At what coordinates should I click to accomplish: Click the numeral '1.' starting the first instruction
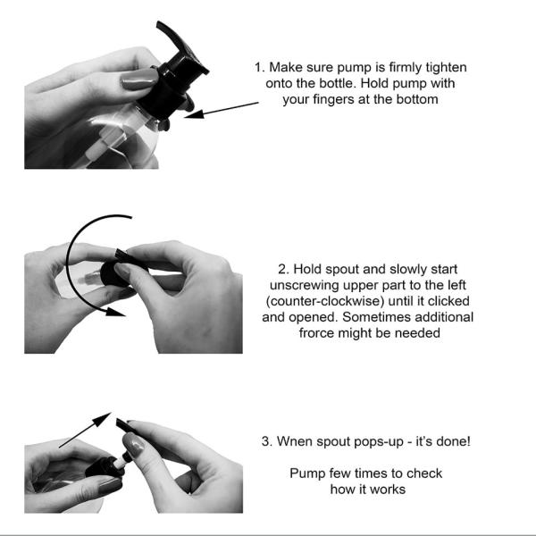pos(259,67)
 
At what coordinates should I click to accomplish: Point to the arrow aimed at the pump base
pos(222,110)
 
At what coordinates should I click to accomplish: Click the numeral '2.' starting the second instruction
pos(284,270)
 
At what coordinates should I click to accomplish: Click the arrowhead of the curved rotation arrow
pos(115,312)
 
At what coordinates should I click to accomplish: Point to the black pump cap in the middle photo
pos(113,274)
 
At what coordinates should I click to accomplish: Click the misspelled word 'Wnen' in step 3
pos(292,441)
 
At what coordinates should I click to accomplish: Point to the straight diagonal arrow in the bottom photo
pos(85,430)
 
